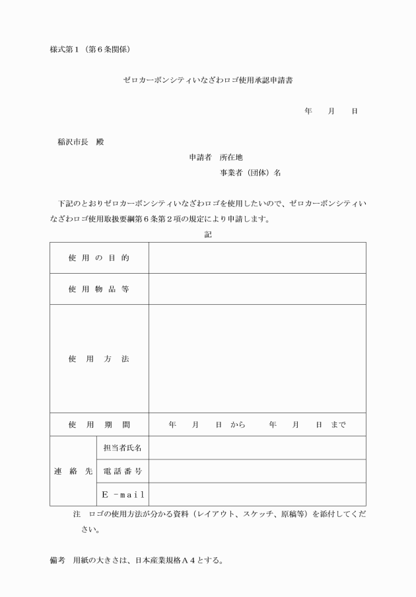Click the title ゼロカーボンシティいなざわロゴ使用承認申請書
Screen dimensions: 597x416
point(208,80)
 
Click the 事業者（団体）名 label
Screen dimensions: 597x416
point(251,173)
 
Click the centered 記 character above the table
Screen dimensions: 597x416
point(208,234)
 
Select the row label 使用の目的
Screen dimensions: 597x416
point(99,258)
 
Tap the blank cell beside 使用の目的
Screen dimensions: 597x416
point(257,258)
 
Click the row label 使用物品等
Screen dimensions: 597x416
point(99,289)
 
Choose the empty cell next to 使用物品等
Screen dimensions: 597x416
point(257,289)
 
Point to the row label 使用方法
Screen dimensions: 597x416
point(99,359)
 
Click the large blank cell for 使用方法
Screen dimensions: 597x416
point(257,359)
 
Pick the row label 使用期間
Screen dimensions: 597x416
point(99,424)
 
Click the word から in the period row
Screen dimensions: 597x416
point(238,424)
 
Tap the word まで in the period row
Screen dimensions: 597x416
point(337,424)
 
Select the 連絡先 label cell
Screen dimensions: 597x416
point(73,471)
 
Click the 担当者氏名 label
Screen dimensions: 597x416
point(122,448)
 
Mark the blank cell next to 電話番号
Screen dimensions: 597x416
point(257,471)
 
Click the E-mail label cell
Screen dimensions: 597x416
point(122,495)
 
